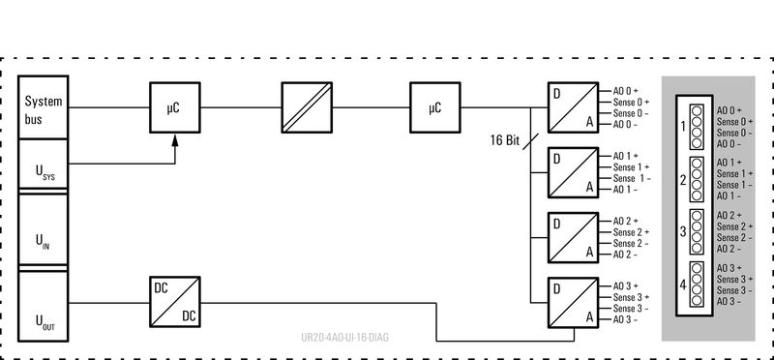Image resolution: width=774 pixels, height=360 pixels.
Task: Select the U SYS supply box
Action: (x=45, y=167)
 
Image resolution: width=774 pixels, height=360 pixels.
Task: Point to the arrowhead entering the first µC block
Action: (x=174, y=142)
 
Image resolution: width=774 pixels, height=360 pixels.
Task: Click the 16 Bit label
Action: (x=505, y=139)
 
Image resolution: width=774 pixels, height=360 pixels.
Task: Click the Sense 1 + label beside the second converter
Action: (x=631, y=166)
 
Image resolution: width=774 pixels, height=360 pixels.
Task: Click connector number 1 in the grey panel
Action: (x=683, y=127)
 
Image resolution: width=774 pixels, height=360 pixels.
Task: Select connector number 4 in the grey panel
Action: (x=683, y=285)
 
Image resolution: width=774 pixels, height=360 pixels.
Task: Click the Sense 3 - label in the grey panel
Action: (x=734, y=290)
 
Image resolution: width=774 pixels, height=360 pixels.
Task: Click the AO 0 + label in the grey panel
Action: (x=729, y=111)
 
